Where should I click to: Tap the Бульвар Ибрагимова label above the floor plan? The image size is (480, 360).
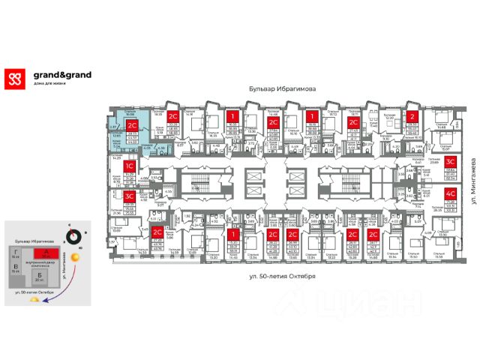point(282,88)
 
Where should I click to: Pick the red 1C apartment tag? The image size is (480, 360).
point(130,166)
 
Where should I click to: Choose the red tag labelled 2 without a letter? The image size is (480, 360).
point(412,116)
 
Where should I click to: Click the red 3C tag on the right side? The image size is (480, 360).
point(451,161)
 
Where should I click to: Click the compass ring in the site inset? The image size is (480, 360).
point(73,235)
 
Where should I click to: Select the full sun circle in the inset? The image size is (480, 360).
point(82,264)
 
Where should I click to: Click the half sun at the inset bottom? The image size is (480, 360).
point(31,301)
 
